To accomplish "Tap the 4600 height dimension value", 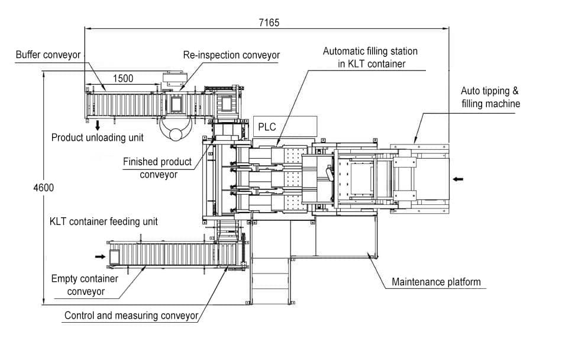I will tap(44, 188).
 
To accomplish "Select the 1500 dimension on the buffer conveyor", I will tap(122, 78).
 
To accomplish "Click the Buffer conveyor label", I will tap(48, 55).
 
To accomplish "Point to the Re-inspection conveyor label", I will tap(231, 55).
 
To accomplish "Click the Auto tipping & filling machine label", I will tap(490, 98).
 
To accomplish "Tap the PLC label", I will tap(267, 127).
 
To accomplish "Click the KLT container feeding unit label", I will tap(104, 222).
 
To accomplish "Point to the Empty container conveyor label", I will tap(85, 285).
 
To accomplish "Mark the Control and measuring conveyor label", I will tap(131, 316).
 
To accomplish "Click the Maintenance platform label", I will tap(436, 282).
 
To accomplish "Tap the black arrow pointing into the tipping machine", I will tap(459, 178).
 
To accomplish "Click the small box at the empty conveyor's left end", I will tap(114, 256).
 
